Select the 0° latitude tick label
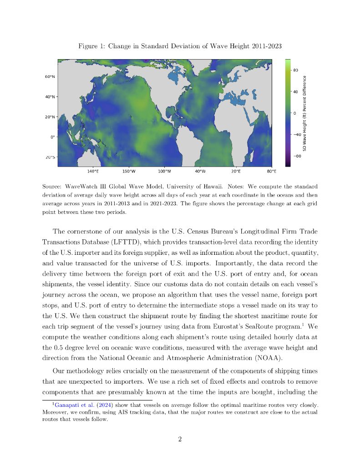53,137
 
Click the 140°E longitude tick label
93,172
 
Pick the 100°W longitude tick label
164,172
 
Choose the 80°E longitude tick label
271,172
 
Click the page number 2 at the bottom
180,439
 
